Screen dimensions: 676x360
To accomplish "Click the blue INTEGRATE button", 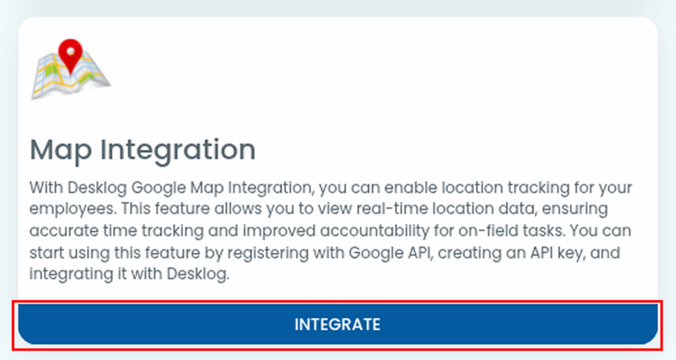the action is tap(337, 324).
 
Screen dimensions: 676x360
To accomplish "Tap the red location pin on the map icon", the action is tap(70, 55).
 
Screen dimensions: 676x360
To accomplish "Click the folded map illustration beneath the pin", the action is tap(71, 75).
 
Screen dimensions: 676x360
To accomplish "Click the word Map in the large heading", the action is tap(61, 149).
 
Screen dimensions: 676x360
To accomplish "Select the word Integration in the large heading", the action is tap(178, 151).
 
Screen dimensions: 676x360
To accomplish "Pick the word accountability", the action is tap(375, 231).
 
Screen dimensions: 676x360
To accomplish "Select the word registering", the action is tap(268, 252).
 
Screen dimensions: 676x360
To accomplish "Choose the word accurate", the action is tap(64, 231).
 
